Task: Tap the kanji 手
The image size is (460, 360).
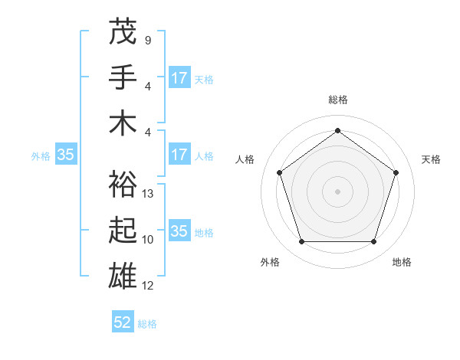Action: pyautogui.click(x=123, y=77)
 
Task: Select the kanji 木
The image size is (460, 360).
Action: pyautogui.click(x=123, y=123)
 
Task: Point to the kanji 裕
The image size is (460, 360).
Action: pyautogui.click(x=123, y=184)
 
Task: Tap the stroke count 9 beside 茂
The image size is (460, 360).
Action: pyautogui.click(x=148, y=40)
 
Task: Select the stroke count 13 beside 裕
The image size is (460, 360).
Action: pyautogui.click(x=149, y=194)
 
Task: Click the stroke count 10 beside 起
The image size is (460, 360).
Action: pyautogui.click(x=149, y=240)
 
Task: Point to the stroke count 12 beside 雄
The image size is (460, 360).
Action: pyautogui.click(x=149, y=286)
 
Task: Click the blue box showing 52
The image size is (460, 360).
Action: pyautogui.click(x=123, y=322)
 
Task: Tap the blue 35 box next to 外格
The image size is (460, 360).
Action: pyautogui.click(x=65, y=155)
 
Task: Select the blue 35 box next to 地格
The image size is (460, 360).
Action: pyautogui.click(x=179, y=231)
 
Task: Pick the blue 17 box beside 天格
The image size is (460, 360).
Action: pyautogui.click(x=179, y=78)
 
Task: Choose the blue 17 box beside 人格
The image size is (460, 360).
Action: pyautogui.click(x=179, y=155)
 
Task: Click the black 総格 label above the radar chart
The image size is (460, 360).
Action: pyautogui.click(x=338, y=100)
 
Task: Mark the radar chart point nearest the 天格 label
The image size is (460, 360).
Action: pyautogui.click(x=396, y=172)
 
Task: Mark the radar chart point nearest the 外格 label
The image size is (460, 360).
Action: pyautogui.click(x=301, y=242)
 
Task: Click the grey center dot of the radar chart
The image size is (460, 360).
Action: pyautogui.click(x=337, y=191)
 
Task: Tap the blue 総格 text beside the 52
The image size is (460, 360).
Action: pyautogui.click(x=147, y=324)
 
